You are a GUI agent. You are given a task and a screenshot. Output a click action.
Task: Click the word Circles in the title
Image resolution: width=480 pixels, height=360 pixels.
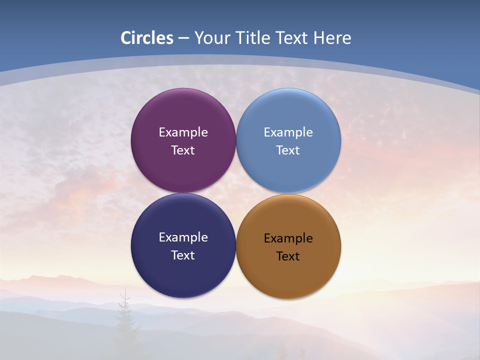point(147,38)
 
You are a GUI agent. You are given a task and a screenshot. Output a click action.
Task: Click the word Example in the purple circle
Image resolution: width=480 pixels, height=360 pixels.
point(183,132)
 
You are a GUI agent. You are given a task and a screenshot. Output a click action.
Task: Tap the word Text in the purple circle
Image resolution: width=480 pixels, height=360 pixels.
point(183,150)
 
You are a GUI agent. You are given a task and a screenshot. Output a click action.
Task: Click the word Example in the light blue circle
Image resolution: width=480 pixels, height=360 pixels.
point(288,132)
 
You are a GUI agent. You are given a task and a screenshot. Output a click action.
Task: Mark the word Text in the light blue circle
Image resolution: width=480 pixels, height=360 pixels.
point(288,150)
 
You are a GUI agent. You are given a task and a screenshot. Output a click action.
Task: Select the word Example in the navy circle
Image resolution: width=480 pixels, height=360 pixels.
point(183,237)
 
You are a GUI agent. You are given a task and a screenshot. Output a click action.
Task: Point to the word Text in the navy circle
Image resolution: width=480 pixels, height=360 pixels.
point(183,255)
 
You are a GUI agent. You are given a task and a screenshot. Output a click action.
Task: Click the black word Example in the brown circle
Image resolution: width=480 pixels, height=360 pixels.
point(288,238)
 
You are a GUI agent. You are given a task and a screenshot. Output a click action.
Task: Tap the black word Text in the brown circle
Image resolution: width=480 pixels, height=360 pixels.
point(288,256)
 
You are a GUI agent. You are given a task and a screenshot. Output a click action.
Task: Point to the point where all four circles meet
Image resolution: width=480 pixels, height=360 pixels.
point(236,193)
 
